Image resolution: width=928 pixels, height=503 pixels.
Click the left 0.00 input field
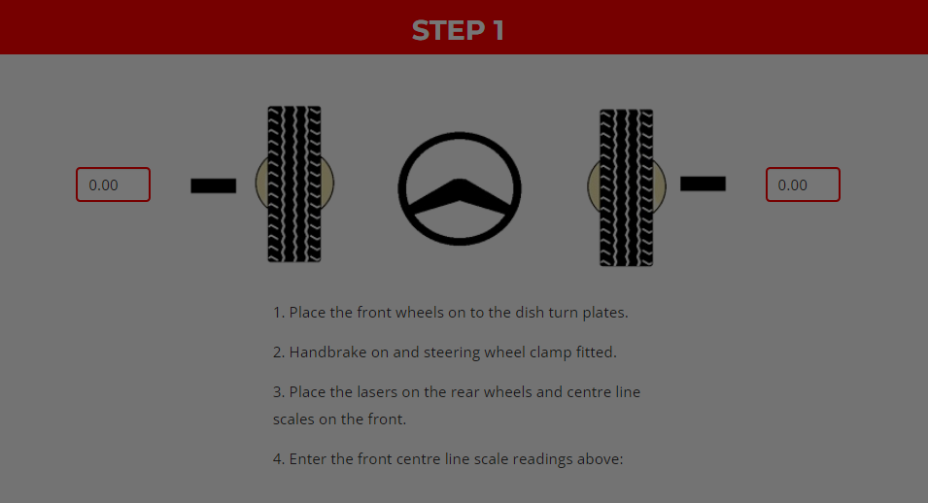[x=113, y=184]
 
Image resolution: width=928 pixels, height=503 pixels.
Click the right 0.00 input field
[x=803, y=184]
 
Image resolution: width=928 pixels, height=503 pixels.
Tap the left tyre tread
[x=294, y=184]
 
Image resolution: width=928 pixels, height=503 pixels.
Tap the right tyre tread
[x=626, y=187]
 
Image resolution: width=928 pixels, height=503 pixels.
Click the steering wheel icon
[x=460, y=138]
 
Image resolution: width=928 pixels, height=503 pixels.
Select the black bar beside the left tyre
[x=213, y=185]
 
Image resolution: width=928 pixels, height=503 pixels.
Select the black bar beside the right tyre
[x=703, y=184]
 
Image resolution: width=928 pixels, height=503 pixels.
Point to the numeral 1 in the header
[x=498, y=31]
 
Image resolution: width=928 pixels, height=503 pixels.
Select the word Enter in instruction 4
[x=308, y=458]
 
